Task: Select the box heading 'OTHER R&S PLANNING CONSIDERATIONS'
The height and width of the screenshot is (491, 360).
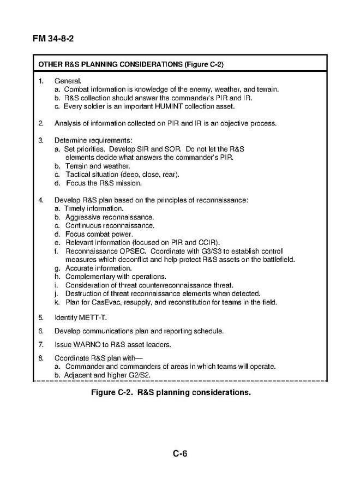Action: tap(131, 64)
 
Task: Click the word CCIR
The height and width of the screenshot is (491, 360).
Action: tap(208, 242)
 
